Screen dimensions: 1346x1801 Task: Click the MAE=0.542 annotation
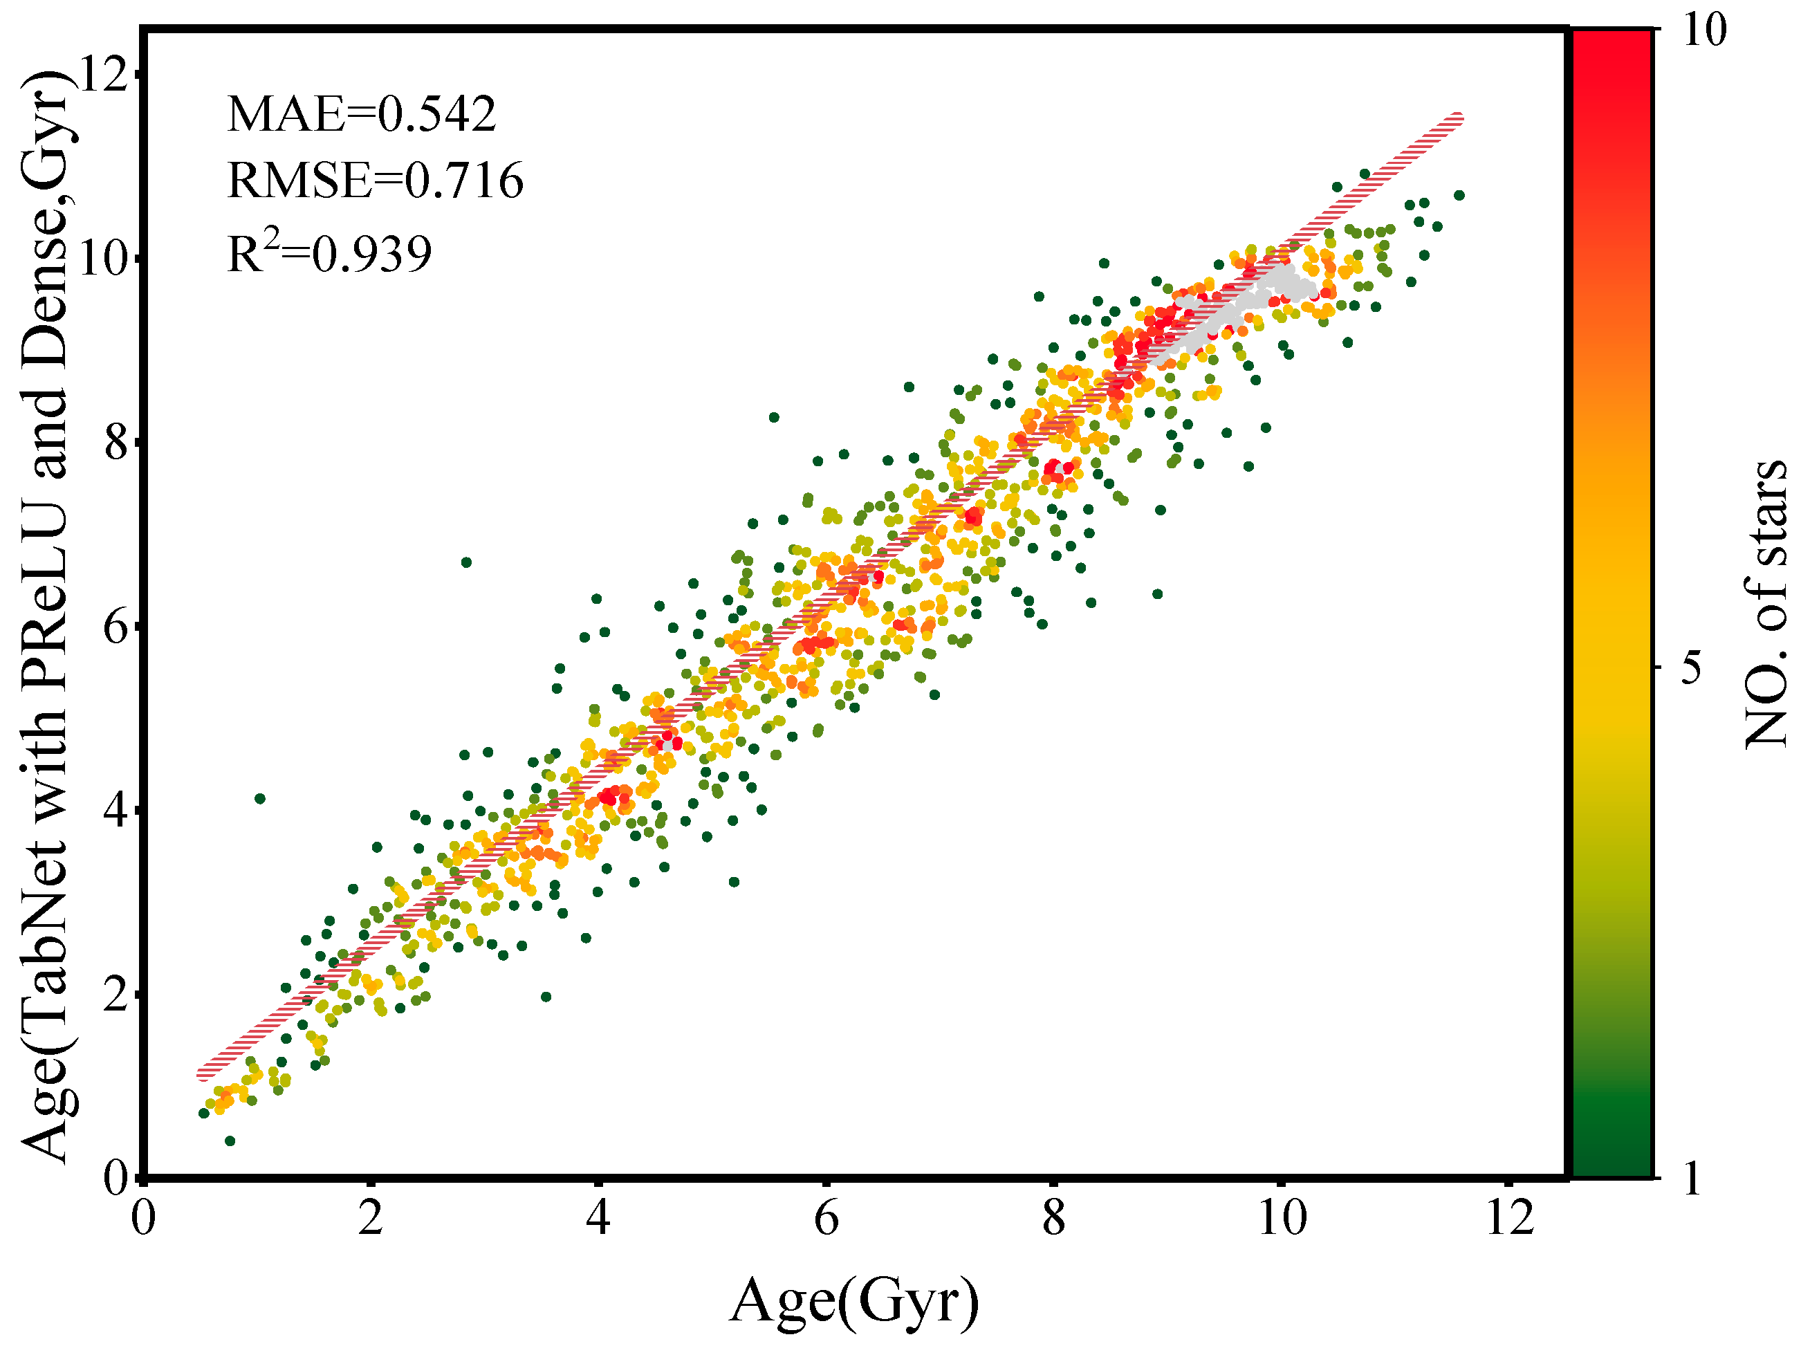(361, 114)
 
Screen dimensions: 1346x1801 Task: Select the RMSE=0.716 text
(375, 180)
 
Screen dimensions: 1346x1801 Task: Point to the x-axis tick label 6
(826, 1218)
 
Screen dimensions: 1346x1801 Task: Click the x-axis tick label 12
(1510, 1218)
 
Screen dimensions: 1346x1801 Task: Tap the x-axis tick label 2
(371, 1218)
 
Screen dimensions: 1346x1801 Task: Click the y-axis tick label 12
(104, 75)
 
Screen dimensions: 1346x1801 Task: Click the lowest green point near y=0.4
(230, 1141)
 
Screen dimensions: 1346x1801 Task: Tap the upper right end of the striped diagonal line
(1457, 119)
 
